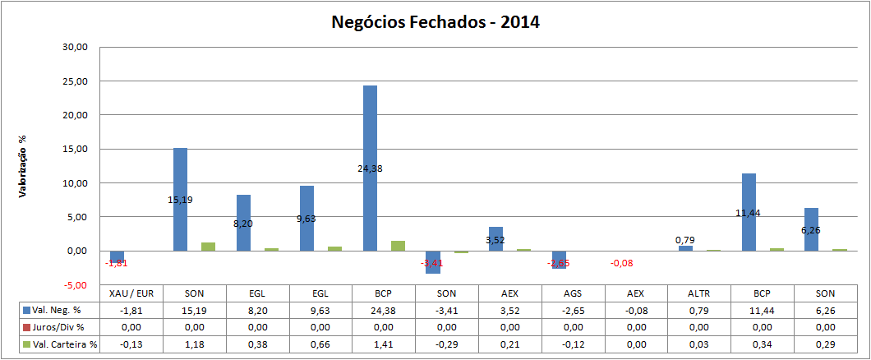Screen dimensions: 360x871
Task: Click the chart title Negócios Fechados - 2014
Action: pos(435,22)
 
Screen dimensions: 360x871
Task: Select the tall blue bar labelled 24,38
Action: pos(371,132)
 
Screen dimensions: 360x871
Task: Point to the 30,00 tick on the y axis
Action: pos(75,48)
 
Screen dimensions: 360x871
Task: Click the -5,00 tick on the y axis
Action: pos(75,284)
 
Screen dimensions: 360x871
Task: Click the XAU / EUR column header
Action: pos(131,293)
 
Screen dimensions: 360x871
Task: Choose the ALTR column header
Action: pos(699,293)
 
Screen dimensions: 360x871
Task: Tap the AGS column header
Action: pos(573,293)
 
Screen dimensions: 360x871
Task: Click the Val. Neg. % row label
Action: pos(58,310)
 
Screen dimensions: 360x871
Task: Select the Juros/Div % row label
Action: pos(58,327)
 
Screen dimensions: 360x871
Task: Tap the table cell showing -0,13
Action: pos(131,344)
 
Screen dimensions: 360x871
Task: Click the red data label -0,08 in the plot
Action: pos(621,263)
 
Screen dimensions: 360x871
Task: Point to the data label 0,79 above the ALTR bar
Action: pos(685,240)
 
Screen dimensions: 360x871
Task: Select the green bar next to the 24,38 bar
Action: pos(399,246)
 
